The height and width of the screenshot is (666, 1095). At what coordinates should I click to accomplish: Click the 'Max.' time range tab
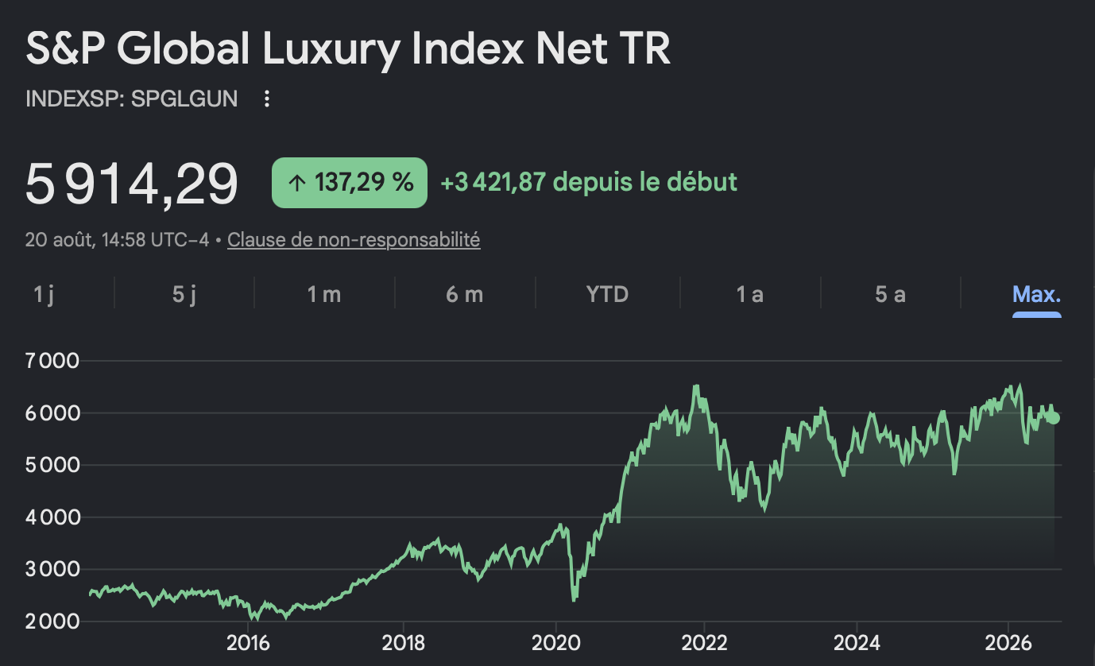click(1036, 294)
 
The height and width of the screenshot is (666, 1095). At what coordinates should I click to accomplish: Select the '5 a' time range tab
click(890, 294)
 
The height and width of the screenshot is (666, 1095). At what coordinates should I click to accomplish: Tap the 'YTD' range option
click(607, 294)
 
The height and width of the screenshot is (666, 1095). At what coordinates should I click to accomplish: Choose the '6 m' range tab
click(464, 294)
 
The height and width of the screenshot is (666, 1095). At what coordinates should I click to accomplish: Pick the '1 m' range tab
click(324, 294)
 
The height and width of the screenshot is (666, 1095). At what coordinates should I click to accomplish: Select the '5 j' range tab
click(184, 295)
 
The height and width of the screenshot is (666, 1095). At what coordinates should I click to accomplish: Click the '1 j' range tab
click(44, 295)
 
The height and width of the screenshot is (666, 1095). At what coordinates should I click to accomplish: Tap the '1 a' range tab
click(749, 294)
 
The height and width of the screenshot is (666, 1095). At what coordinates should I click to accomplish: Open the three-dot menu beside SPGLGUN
click(266, 99)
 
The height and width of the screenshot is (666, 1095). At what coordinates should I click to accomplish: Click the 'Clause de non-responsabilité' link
click(354, 240)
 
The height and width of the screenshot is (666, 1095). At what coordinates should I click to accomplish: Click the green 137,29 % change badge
click(349, 182)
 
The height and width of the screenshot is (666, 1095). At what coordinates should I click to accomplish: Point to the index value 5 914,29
click(131, 184)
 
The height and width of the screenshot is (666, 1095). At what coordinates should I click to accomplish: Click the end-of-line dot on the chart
click(1054, 418)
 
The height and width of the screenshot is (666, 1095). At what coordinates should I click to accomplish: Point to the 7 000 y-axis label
click(52, 361)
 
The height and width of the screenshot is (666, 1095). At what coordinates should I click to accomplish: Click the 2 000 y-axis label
click(52, 621)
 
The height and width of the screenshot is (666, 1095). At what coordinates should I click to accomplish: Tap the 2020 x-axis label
click(555, 643)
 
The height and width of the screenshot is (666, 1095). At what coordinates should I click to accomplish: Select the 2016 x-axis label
click(248, 643)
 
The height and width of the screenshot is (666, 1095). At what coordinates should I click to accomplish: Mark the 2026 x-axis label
click(1008, 643)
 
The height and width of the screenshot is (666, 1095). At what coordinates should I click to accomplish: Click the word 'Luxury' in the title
click(331, 50)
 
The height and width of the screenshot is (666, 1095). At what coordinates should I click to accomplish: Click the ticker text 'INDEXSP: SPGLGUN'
click(131, 99)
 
